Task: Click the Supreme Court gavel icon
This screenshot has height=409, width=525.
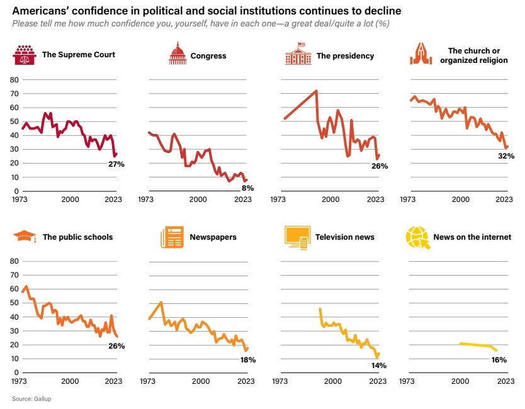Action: pyautogui.click(x=25, y=55)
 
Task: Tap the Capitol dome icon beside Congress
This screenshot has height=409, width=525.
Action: pyautogui.click(x=178, y=55)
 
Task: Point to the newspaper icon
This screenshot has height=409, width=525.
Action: pyautogui.click(x=172, y=237)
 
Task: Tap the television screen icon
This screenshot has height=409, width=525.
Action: pyautogui.click(x=296, y=237)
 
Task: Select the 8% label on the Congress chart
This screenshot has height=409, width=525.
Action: pyautogui.click(x=247, y=188)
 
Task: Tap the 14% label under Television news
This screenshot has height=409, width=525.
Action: pyautogui.click(x=378, y=365)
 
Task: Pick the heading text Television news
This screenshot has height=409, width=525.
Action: pyautogui.click(x=345, y=237)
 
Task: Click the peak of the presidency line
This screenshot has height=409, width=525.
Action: pyautogui.click(x=315, y=91)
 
